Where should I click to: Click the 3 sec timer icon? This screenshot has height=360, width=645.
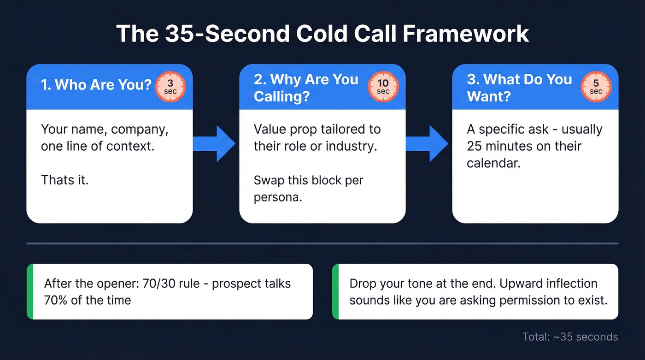point(170,87)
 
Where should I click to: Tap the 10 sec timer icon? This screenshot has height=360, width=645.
point(383,87)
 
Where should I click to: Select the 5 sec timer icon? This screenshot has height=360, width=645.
point(596,87)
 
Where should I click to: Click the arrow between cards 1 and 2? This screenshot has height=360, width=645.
point(215,143)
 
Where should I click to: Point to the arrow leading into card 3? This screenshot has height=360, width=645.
point(428,143)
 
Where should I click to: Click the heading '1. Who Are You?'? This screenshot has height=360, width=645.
point(96,85)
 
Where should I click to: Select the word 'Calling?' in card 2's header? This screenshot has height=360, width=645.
point(281,97)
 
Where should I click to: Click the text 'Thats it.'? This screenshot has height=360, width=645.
point(64,179)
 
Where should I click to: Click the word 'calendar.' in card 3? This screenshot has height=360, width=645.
point(493,163)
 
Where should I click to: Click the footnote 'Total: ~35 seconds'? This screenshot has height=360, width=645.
point(570,336)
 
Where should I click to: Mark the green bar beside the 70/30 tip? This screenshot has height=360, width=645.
point(30,291)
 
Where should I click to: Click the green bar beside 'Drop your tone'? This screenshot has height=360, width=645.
point(335,291)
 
